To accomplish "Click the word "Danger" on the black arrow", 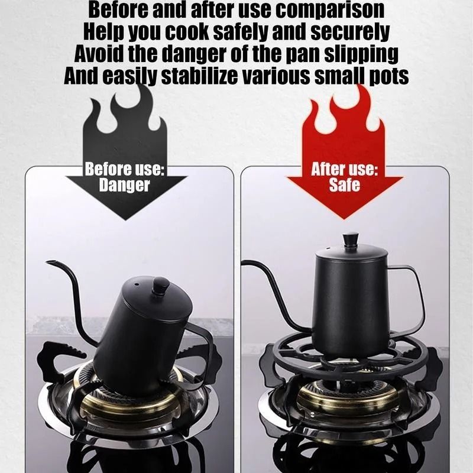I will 125,185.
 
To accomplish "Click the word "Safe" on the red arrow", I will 344,185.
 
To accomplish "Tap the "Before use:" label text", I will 125,169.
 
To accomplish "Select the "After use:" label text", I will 344,169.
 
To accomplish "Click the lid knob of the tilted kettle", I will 160,287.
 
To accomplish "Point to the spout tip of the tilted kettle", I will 48,262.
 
